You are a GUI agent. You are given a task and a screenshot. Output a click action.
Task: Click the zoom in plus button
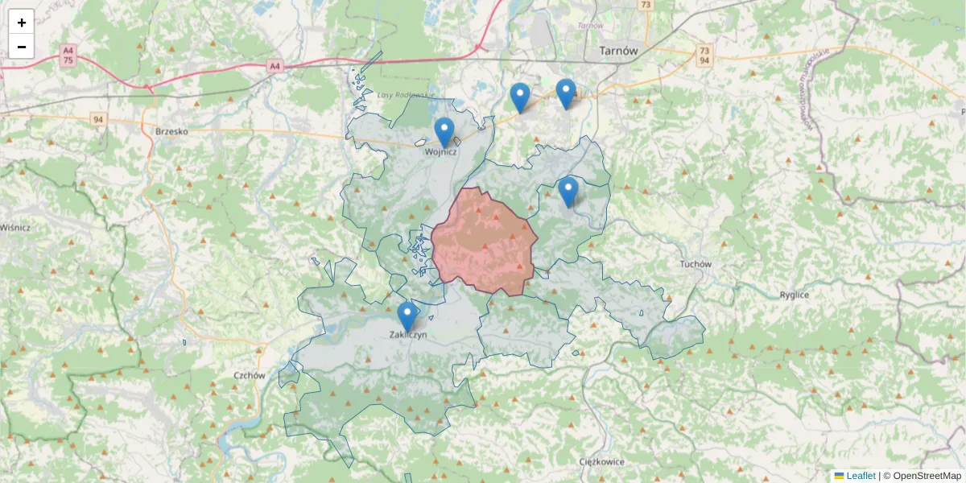tap(22, 23)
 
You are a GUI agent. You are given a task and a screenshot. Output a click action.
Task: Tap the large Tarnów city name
tap(618, 50)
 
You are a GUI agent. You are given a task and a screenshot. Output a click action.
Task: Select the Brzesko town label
tap(171, 130)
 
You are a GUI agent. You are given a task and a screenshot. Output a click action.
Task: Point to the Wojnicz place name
tap(441, 151)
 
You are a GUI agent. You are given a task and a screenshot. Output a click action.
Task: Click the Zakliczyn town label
tap(408, 334)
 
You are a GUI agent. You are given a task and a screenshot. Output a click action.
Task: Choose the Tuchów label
tap(696, 264)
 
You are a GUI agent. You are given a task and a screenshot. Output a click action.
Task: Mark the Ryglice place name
tap(794, 295)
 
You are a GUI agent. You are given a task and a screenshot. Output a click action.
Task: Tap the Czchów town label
tap(250, 375)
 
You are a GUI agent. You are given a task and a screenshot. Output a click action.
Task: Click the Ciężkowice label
tap(602, 462)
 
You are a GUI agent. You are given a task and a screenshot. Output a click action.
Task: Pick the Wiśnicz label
tap(15, 228)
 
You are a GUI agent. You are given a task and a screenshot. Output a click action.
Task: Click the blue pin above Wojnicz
tap(444, 132)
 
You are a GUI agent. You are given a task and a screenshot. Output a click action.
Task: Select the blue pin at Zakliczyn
tap(407, 316)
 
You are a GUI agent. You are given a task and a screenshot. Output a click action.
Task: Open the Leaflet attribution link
tap(860, 476)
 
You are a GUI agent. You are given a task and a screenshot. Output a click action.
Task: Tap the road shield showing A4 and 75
tap(68, 55)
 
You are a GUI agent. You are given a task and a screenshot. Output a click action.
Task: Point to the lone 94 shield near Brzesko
tap(98, 120)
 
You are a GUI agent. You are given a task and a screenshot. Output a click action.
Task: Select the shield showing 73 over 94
tap(704, 55)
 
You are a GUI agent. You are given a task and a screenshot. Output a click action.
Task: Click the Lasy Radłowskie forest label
tap(406, 95)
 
